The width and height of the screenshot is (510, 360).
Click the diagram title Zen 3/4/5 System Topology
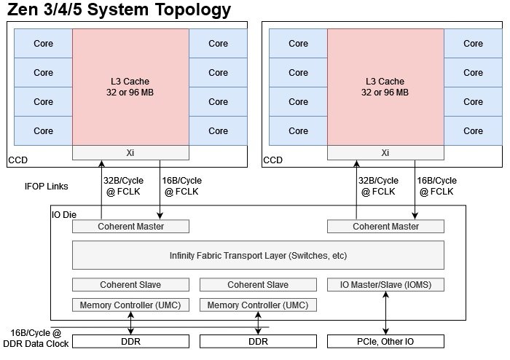119,10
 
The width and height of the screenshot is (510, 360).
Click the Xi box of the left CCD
130,153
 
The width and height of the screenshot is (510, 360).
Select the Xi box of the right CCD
385,153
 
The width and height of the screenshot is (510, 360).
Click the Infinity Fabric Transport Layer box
258,255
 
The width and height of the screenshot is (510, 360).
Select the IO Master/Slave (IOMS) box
385,284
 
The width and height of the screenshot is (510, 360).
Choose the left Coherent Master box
130,226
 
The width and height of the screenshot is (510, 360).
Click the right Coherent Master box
385,226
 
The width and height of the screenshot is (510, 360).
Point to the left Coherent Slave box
130,284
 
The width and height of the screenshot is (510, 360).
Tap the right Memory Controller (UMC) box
258,305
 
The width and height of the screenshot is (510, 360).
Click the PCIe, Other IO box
385,341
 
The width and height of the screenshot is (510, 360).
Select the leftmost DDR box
130,341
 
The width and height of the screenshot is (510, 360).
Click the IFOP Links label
46,187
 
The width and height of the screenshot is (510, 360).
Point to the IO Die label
64,215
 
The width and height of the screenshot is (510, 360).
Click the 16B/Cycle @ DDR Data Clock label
40,338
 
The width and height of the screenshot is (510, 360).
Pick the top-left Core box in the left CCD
43,43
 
